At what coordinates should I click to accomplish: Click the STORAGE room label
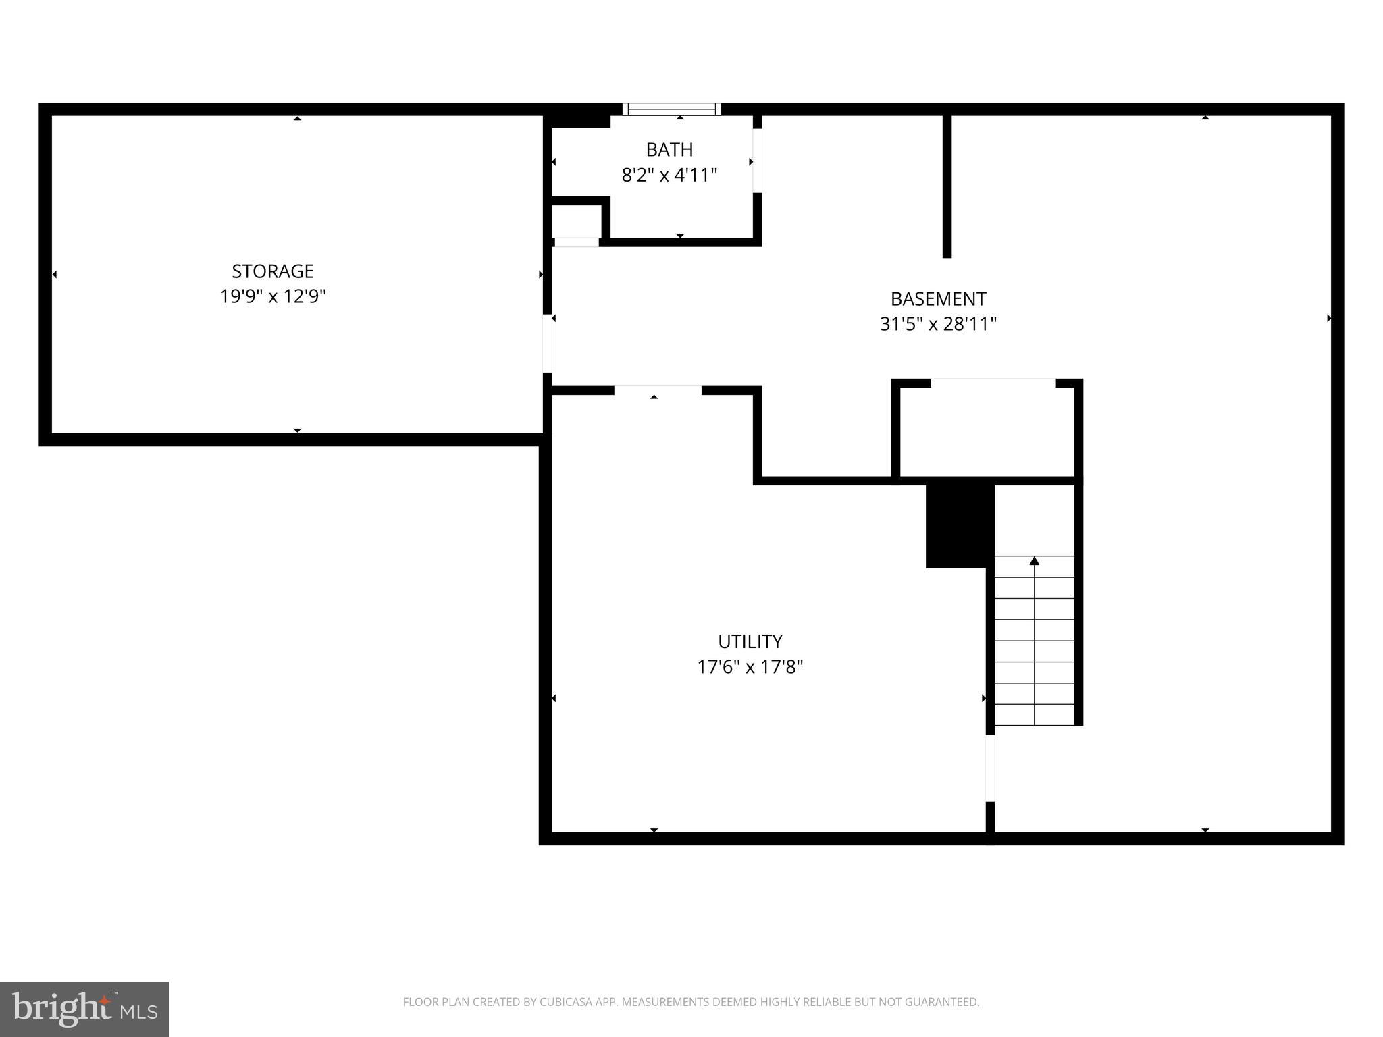(273, 271)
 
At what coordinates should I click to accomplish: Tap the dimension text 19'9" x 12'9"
(273, 297)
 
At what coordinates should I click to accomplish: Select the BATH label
(669, 150)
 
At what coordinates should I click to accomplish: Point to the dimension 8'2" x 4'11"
(669, 176)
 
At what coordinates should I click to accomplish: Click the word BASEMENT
(938, 299)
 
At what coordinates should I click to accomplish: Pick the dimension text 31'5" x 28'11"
(938, 325)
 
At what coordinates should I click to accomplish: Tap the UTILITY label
(750, 641)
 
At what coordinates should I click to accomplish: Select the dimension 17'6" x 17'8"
(750, 668)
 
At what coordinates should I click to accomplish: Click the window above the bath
(672, 109)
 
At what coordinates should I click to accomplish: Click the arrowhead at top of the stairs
(1034, 561)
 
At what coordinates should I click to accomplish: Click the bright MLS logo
(84, 1009)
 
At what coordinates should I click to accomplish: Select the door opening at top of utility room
(658, 390)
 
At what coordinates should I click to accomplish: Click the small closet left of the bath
(576, 221)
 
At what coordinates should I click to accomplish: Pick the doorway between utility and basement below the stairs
(990, 768)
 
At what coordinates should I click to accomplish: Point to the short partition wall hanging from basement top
(947, 186)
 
